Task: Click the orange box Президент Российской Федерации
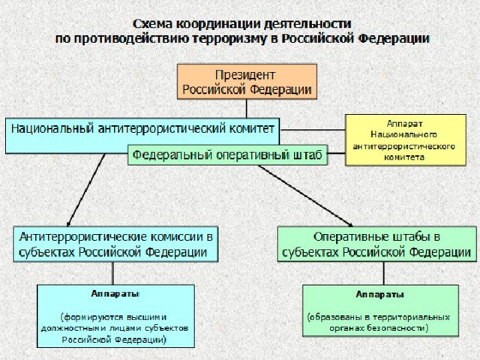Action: click(247, 82)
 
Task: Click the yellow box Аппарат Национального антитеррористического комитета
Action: click(406, 140)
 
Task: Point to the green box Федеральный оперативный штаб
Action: click(227, 155)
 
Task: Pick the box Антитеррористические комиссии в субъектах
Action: click(115, 244)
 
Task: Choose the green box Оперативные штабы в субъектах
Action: click(376, 244)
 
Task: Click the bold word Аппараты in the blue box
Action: click(115, 294)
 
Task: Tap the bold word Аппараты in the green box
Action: click(380, 295)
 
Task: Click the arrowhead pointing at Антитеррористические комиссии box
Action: click(69, 223)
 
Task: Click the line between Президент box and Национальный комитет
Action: click(247, 109)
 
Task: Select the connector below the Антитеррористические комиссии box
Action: click(113, 273)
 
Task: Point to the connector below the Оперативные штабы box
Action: click(384, 273)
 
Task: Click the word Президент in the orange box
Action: click(245, 75)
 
